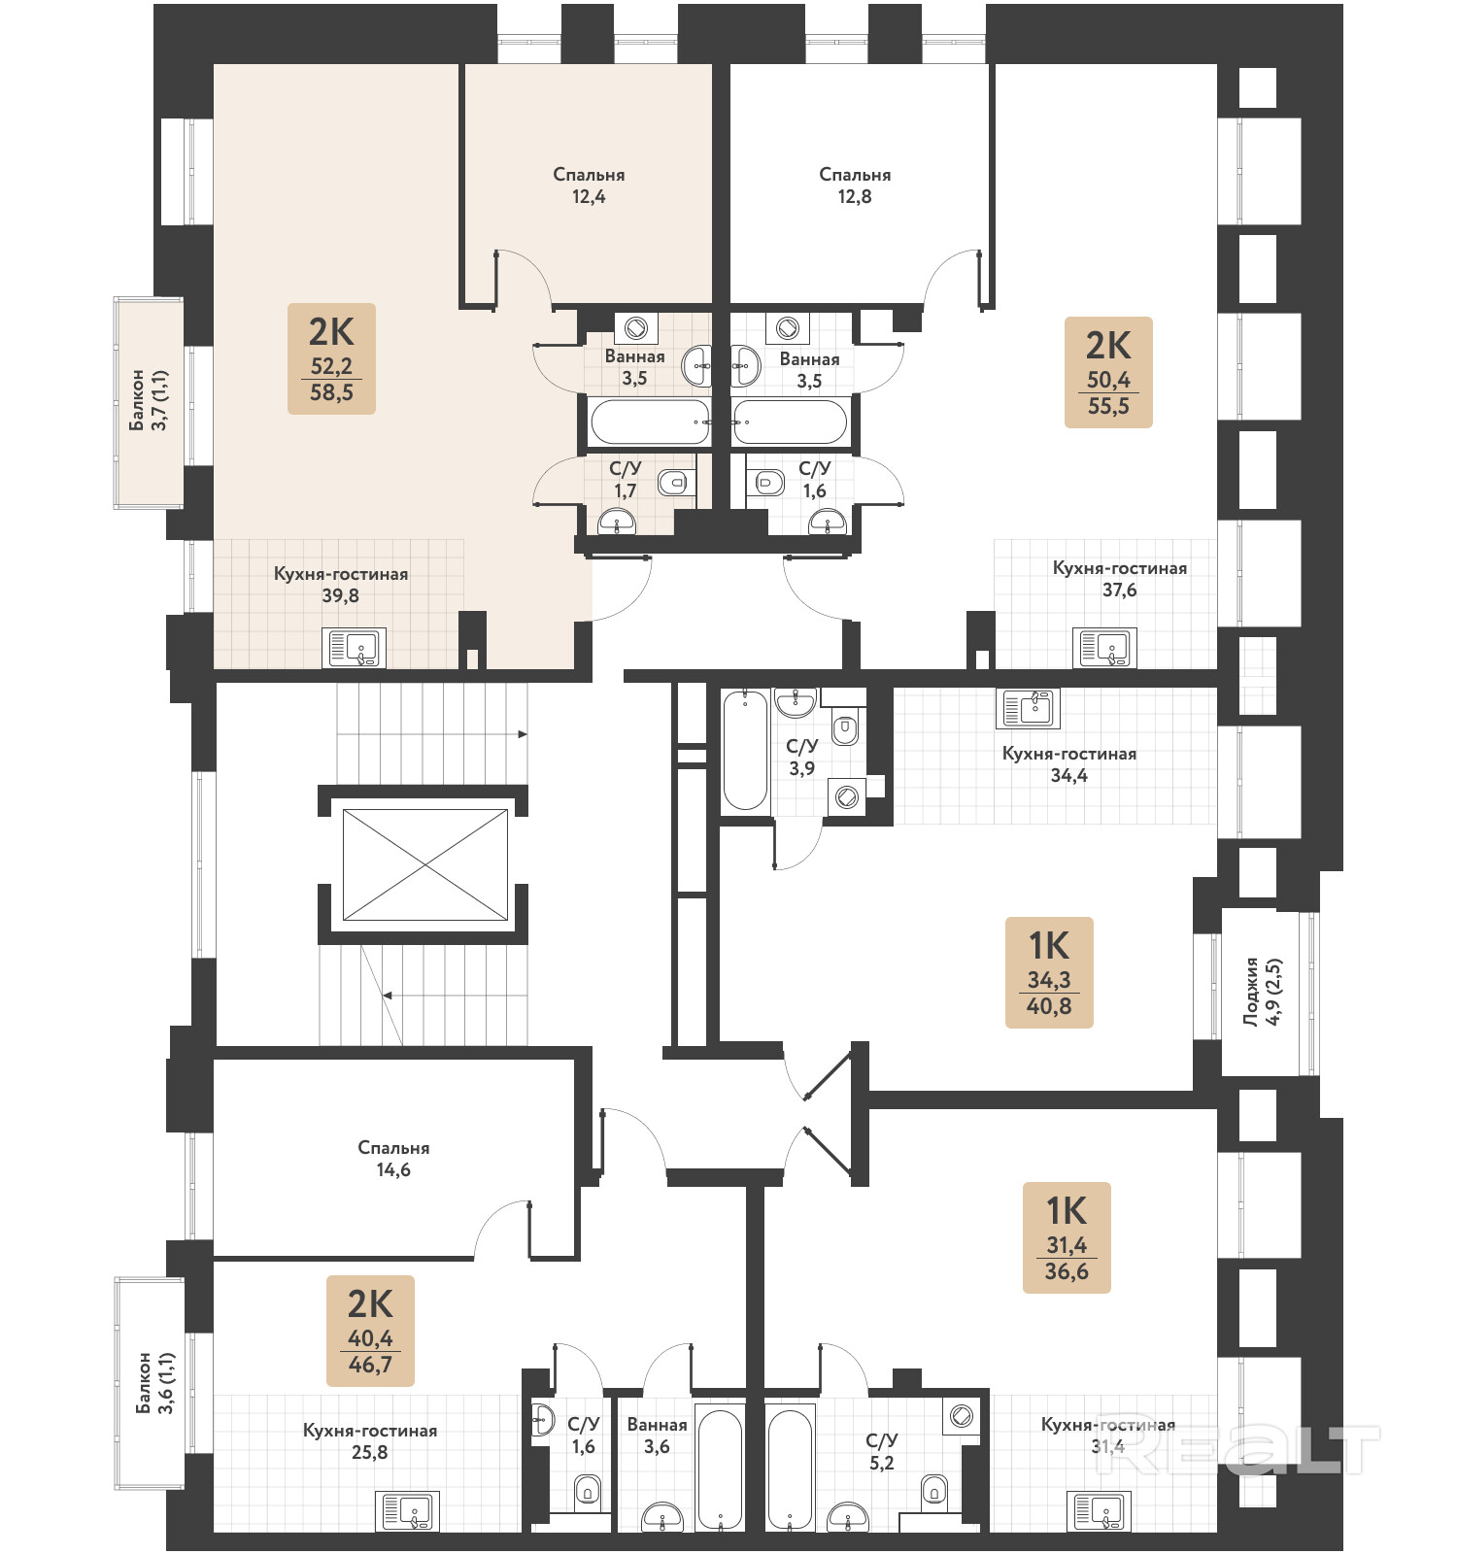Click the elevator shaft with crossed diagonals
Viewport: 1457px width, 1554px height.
pyautogui.click(x=424, y=864)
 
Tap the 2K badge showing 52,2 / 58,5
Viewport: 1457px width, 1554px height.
pyautogui.click(x=331, y=358)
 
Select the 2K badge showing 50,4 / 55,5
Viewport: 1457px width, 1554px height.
pyautogui.click(x=1108, y=372)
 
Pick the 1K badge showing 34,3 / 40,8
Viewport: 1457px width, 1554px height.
pyautogui.click(x=1049, y=972)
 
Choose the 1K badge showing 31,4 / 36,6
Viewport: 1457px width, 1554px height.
pyautogui.click(x=1067, y=1237)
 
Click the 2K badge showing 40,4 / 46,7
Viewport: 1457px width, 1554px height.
pyautogui.click(x=370, y=1331)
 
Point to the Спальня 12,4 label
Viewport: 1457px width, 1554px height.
pyautogui.click(x=589, y=186)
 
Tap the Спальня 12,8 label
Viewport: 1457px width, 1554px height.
pyautogui.click(x=855, y=186)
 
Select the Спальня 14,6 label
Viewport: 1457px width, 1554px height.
pyautogui.click(x=393, y=1159)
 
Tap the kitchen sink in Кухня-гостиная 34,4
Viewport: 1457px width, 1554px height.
pyautogui.click(x=1028, y=708)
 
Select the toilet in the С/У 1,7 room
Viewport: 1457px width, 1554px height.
pyautogui.click(x=673, y=481)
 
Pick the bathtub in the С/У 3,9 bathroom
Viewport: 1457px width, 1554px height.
pyautogui.click(x=745, y=750)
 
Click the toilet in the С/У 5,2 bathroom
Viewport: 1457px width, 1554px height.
pyautogui.click(x=934, y=1489)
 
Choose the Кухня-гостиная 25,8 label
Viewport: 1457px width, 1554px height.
pyautogui.click(x=370, y=1441)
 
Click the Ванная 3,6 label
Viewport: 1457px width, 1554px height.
pyautogui.click(x=657, y=1436)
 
